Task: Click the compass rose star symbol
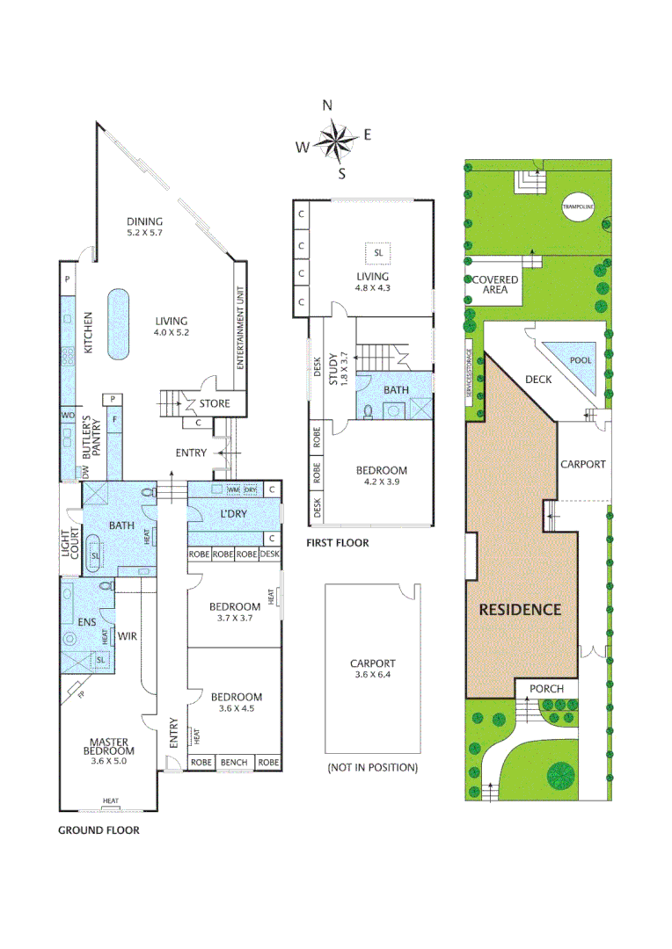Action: [333, 138]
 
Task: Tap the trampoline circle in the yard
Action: [579, 207]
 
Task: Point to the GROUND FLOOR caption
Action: [99, 829]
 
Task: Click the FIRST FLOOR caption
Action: [337, 543]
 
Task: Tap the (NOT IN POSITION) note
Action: [372, 767]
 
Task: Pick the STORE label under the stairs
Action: [215, 404]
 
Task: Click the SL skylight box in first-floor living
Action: [379, 253]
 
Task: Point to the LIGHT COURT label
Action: [68, 547]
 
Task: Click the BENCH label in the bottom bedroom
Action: [234, 762]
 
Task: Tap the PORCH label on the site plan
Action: [547, 688]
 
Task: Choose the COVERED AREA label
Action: [495, 284]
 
